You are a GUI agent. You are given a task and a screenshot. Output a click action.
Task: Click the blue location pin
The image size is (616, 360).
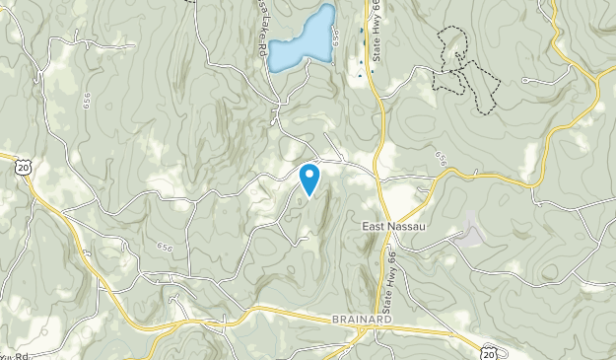(x=309, y=179)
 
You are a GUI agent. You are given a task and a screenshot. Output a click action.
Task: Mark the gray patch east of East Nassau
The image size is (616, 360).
(x=470, y=234)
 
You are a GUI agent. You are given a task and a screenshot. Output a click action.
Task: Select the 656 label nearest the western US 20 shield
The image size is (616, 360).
(x=87, y=102)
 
